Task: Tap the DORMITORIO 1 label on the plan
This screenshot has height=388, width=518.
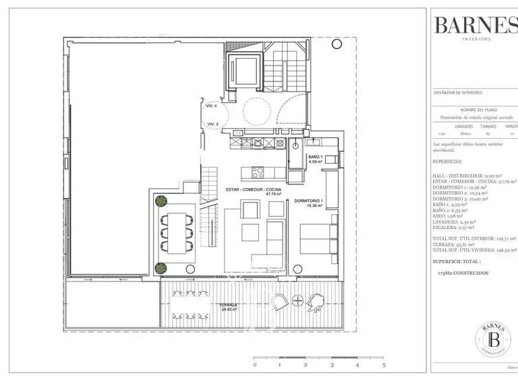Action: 310,203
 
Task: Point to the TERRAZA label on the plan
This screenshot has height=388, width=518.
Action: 229,306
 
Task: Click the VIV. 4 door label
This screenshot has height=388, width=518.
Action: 212,106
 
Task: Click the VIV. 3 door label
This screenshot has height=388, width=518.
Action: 212,124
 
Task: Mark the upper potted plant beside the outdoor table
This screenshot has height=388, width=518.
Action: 161,201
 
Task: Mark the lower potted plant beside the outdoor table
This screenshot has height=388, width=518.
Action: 160,268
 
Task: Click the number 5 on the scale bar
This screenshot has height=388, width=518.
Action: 383,364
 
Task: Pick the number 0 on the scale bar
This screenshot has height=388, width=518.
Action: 254,364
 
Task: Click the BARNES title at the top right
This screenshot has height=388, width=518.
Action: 476,25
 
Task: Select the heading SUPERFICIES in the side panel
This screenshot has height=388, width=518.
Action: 447,162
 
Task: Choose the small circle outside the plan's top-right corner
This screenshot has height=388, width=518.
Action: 336,44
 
